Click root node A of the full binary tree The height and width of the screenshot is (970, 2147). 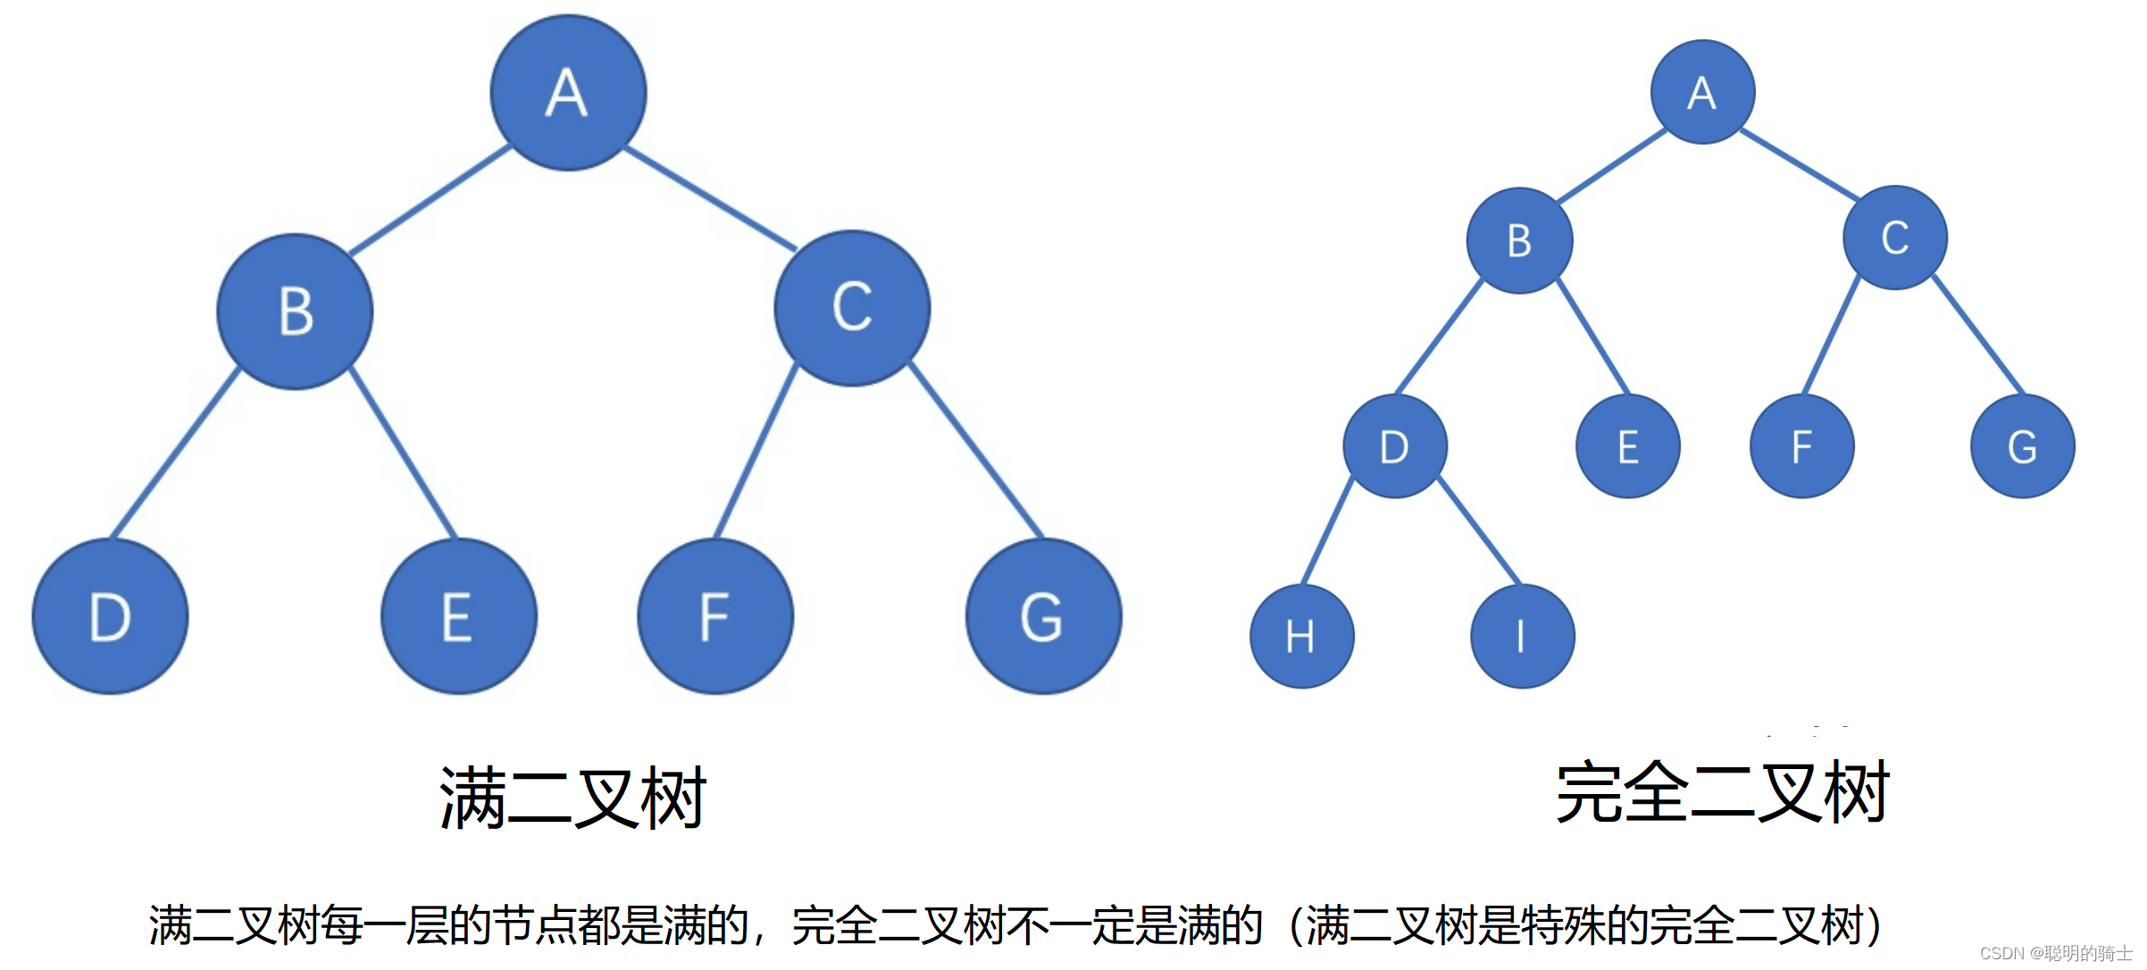click(568, 93)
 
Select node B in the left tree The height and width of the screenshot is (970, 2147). click(295, 312)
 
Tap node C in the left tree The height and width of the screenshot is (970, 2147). click(852, 308)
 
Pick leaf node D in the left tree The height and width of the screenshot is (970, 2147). click(110, 616)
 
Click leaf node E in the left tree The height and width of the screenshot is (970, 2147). click(458, 616)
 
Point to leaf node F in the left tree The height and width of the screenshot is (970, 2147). click(714, 616)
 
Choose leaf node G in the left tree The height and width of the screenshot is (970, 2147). click(1043, 616)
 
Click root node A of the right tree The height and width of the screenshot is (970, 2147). click(1702, 92)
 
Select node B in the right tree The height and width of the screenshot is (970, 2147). click(1519, 240)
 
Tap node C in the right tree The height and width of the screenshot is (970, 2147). click(1895, 238)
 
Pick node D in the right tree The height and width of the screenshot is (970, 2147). click(1395, 447)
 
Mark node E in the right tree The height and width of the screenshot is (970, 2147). click(1628, 447)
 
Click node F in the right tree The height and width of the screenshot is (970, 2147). click(1802, 447)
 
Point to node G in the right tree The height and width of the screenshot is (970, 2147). click(2023, 447)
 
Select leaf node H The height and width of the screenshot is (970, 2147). click(1301, 636)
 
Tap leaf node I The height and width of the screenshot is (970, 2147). click(1522, 636)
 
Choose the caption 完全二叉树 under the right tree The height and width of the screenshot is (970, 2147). click(1723, 792)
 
